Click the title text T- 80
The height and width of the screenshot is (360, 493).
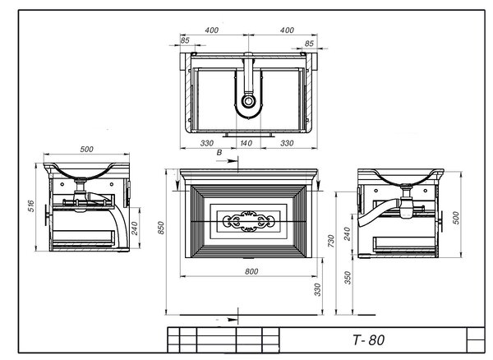368,340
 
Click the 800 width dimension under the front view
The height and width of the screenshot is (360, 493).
251,271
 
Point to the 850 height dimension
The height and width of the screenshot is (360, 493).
161,228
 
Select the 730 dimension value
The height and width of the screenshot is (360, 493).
331,241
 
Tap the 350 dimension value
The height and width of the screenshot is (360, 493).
348,278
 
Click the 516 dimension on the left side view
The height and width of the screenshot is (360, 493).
31,206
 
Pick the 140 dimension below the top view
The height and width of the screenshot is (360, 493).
246,143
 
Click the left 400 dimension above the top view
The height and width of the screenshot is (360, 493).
212,30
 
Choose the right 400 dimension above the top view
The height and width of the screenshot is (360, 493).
287,30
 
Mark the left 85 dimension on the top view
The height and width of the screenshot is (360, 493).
185,40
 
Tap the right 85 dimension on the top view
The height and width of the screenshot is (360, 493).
309,44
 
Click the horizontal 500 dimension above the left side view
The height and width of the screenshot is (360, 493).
86,149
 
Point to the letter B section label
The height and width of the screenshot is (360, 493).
219,153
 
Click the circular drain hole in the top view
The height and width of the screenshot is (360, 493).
248,101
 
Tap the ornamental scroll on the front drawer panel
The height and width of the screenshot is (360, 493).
248,221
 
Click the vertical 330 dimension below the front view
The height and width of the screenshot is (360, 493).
317,289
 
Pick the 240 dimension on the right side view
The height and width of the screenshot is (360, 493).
347,234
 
